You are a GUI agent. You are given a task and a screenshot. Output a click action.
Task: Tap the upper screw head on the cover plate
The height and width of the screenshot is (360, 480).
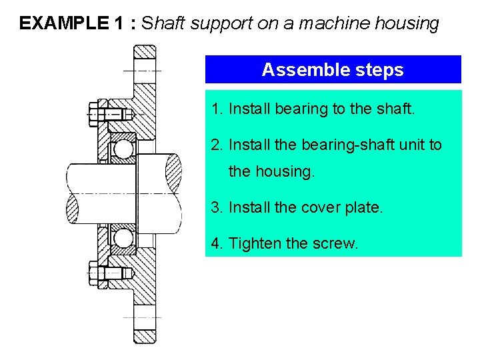pos(93,113)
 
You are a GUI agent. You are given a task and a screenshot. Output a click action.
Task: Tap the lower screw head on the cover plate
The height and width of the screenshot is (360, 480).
pos(93,272)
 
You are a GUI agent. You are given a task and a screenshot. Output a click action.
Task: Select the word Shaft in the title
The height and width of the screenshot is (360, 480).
pos(164,24)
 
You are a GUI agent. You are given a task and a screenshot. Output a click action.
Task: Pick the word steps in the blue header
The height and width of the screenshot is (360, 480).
pos(381,70)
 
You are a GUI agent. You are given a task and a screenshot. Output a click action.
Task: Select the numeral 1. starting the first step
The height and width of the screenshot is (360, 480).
pos(217,109)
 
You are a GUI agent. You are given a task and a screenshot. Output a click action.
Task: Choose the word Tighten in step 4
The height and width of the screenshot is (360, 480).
pos(255,243)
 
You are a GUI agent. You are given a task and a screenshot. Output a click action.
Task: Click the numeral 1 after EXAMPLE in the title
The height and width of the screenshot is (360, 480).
pos(119,24)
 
